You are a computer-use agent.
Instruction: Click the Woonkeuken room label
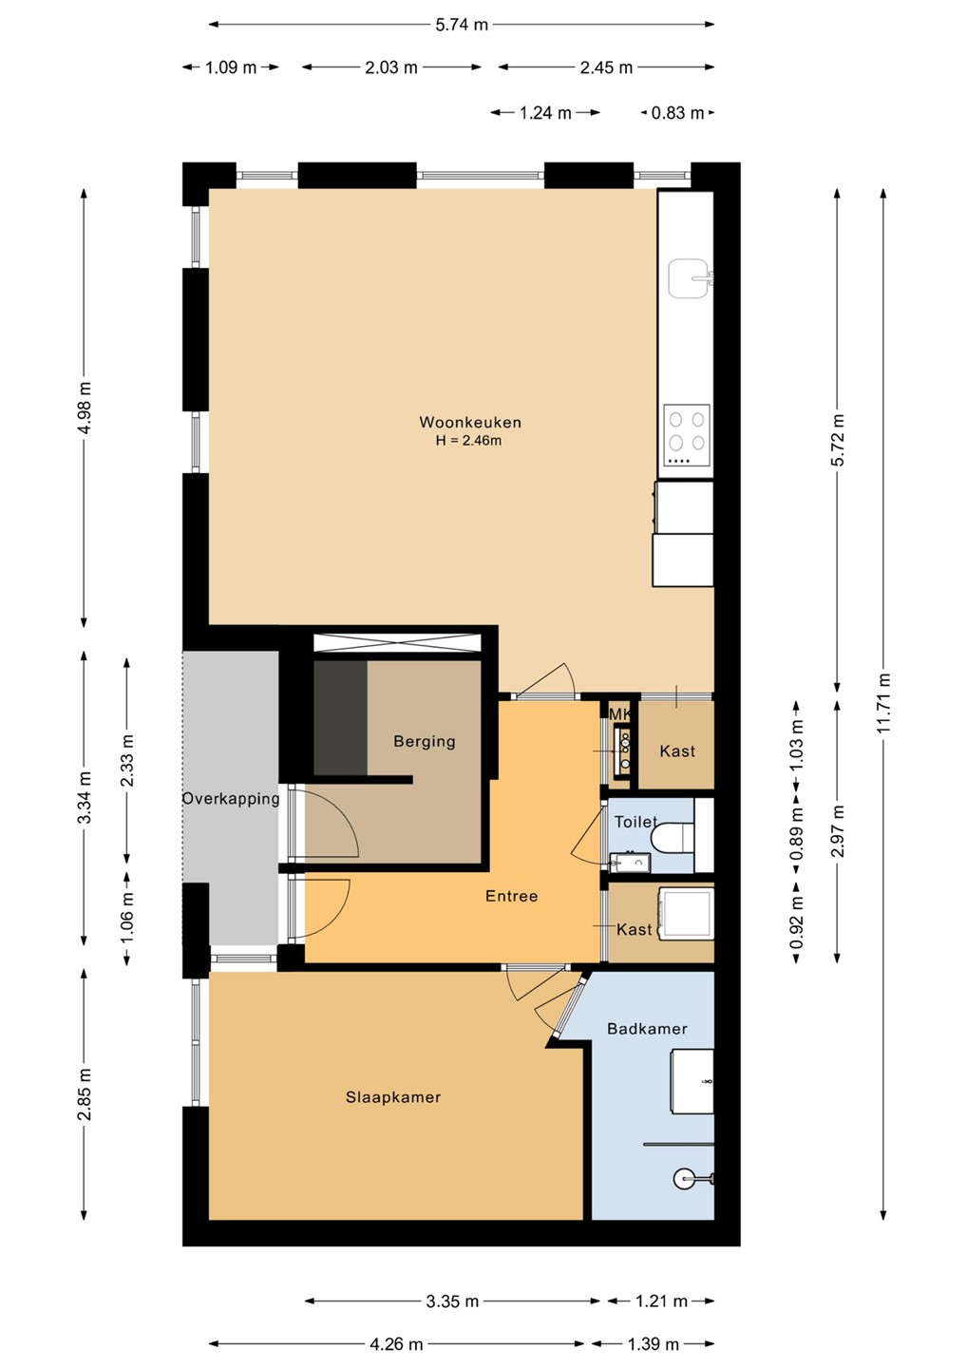(x=470, y=422)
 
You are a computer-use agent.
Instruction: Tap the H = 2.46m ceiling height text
(x=469, y=441)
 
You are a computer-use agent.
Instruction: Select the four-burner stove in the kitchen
(x=686, y=435)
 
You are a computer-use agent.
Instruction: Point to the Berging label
(x=425, y=741)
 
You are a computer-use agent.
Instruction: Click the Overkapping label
(x=231, y=799)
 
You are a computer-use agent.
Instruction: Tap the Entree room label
(x=512, y=896)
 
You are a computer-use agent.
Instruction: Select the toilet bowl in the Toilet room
(x=673, y=836)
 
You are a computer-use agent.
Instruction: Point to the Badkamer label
(x=647, y=1029)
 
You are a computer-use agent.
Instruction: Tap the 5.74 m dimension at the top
(x=462, y=25)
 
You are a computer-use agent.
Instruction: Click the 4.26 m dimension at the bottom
(x=396, y=1344)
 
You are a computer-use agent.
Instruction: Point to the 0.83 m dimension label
(x=677, y=113)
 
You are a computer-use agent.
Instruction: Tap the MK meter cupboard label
(x=619, y=715)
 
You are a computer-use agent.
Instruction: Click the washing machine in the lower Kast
(x=686, y=914)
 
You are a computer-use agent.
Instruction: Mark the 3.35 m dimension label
(x=452, y=1301)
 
